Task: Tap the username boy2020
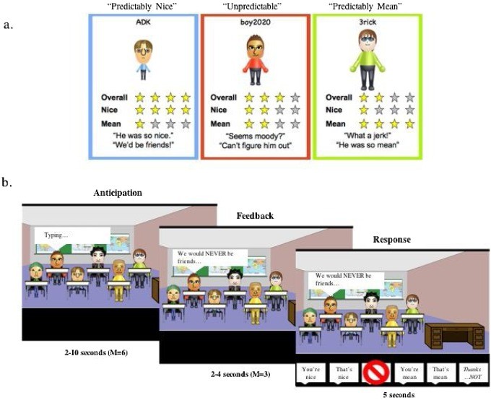point(256,22)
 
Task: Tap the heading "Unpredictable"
point(256,6)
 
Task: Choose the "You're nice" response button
point(310,373)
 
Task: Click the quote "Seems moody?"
point(256,135)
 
